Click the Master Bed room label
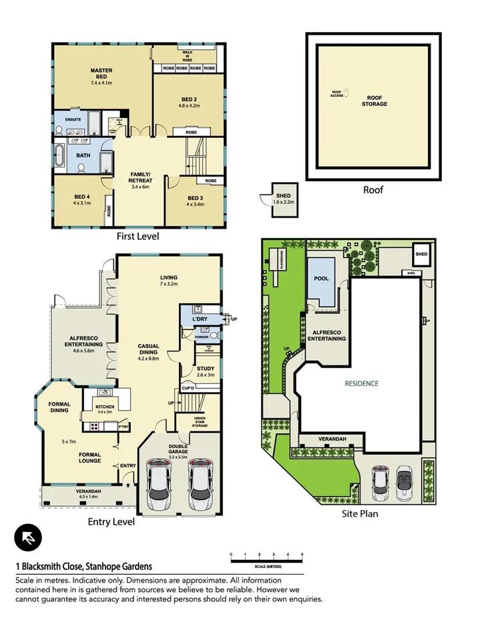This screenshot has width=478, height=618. coord(101,74)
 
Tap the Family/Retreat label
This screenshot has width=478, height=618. coord(140,178)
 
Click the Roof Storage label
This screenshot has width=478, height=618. coord(374,101)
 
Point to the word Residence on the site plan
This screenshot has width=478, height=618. coord(361,383)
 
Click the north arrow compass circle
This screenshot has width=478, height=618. coord(28,537)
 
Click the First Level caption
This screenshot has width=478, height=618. coord(138,236)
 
